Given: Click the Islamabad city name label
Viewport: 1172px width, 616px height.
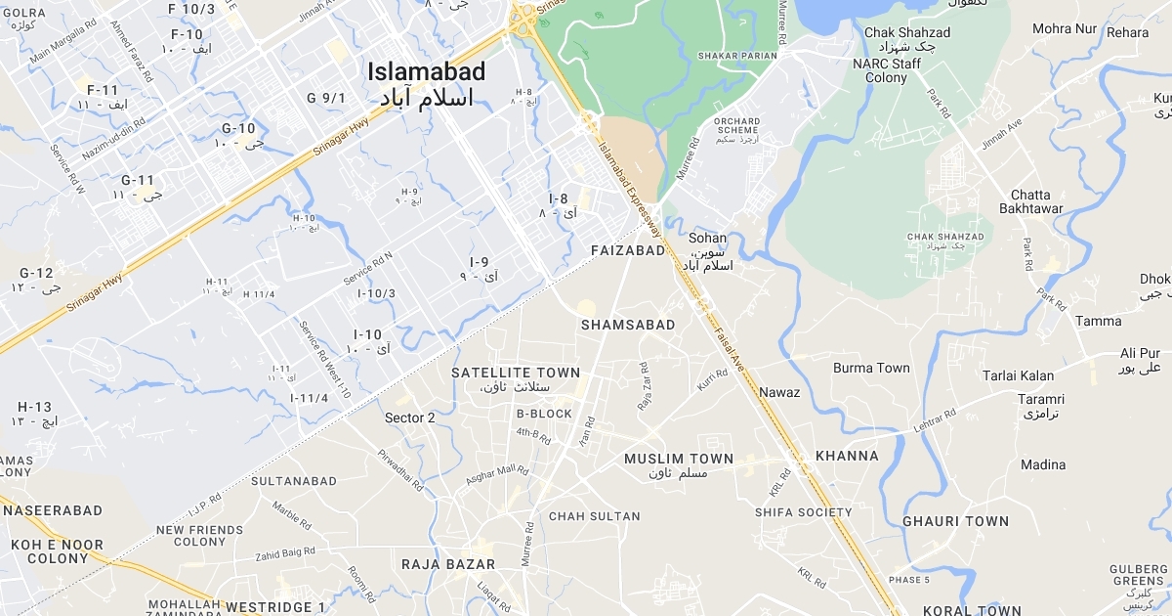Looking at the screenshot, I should pyautogui.click(x=426, y=71).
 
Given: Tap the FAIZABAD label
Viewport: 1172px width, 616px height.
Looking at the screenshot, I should pyautogui.click(x=628, y=250).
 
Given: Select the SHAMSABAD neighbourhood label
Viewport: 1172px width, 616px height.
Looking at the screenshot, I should pyautogui.click(x=628, y=324).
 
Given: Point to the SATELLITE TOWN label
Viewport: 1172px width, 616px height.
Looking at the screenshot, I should pyautogui.click(x=516, y=373).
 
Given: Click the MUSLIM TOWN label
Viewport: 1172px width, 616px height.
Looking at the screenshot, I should pyautogui.click(x=679, y=459).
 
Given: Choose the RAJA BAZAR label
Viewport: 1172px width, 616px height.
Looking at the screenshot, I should pyautogui.click(x=448, y=564).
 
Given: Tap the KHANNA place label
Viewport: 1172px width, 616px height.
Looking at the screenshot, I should pyautogui.click(x=847, y=456).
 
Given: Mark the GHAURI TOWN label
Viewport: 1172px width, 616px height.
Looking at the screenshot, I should pyautogui.click(x=955, y=521).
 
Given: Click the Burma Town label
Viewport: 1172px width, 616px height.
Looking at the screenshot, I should pyautogui.click(x=871, y=369).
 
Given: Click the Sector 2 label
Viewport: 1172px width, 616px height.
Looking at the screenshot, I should pyautogui.click(x=410, y=418).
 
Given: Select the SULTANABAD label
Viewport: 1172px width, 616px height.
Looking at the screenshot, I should pyautogui.click(x=294, y=481).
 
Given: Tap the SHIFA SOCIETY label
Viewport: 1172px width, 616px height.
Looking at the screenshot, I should pyautogui.click(x=804, y=512).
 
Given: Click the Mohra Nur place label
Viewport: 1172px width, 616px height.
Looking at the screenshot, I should pyautogui.click(x=1065, y=28).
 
